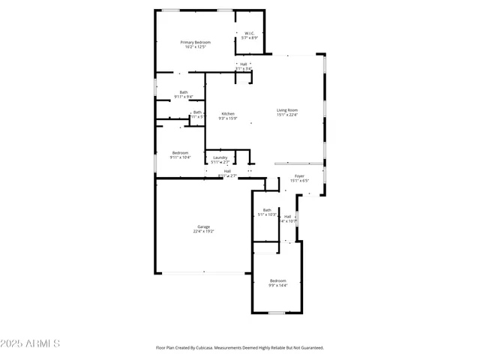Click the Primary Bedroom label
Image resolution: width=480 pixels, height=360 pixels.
point(195,43)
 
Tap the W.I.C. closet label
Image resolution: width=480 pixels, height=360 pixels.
point(250,33)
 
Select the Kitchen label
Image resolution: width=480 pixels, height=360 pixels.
point(227,114)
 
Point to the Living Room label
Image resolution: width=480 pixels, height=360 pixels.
point(287,110)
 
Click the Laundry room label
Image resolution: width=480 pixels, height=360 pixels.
point(220,157)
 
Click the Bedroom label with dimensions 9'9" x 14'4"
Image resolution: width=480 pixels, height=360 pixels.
point(277,280)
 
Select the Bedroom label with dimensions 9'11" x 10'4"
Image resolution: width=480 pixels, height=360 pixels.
point(180,153)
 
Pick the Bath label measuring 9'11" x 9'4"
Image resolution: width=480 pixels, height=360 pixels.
point(184,92)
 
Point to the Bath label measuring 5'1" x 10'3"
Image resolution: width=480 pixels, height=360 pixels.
point(267,210)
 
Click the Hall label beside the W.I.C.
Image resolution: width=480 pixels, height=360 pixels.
point(244,64)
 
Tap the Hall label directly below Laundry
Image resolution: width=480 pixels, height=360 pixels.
point(227,171)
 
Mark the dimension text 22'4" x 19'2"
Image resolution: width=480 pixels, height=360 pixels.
point(203,232)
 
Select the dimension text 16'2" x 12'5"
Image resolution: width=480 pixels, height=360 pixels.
point(195,48)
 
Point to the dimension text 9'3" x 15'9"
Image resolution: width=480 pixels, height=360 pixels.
point(227,118)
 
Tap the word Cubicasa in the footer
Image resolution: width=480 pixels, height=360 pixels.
point(205,348)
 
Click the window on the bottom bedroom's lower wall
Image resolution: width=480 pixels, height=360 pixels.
point(277,313)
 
